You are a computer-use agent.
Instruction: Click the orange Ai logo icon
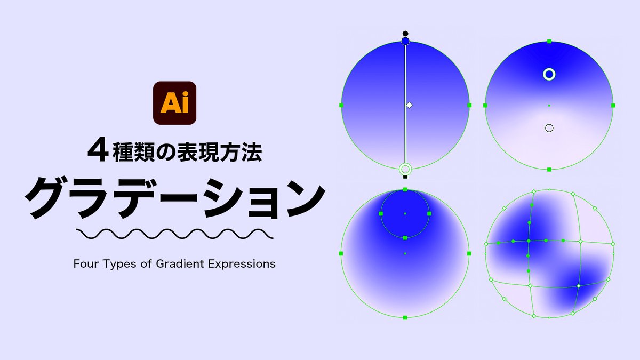pyautogui.click(x=174, y=103)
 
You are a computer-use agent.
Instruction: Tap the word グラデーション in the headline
pyautogui.click(x=174, y=197)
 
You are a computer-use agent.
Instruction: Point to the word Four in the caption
pyautogui.click(x=85, y=263)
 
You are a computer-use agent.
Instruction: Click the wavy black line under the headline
pyautogui.click(x=174, y=234)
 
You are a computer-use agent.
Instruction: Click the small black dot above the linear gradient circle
pyautogui.click(x=405, y=33)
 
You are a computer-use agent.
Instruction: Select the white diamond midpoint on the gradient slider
pyautogui.click(x=409, y=105)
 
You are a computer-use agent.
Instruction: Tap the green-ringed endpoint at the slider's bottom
pyautogui.click(x=405, y=169)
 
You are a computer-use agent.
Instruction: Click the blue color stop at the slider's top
pyautogui.click(x=405, y=41)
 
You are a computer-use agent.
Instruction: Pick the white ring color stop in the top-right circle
pyautogui.click(x=549, y=74)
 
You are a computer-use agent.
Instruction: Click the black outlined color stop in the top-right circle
pyautogui.click(x=549, y=128)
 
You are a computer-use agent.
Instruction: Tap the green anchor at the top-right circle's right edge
pyautogui.click(x=613, y=105)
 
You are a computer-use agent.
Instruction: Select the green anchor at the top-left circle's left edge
pyautogui.click(x=341, y=105)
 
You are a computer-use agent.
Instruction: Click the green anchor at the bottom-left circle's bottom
pyautogui.click(x=405, y=317)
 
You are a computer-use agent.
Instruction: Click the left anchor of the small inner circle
pyautogui.click(x=381, y=213)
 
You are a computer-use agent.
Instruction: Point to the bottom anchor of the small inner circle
pyautogui.click(x=405, y=237)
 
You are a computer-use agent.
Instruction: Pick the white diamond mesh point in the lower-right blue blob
pyautogui.click(x=578, y=286)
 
